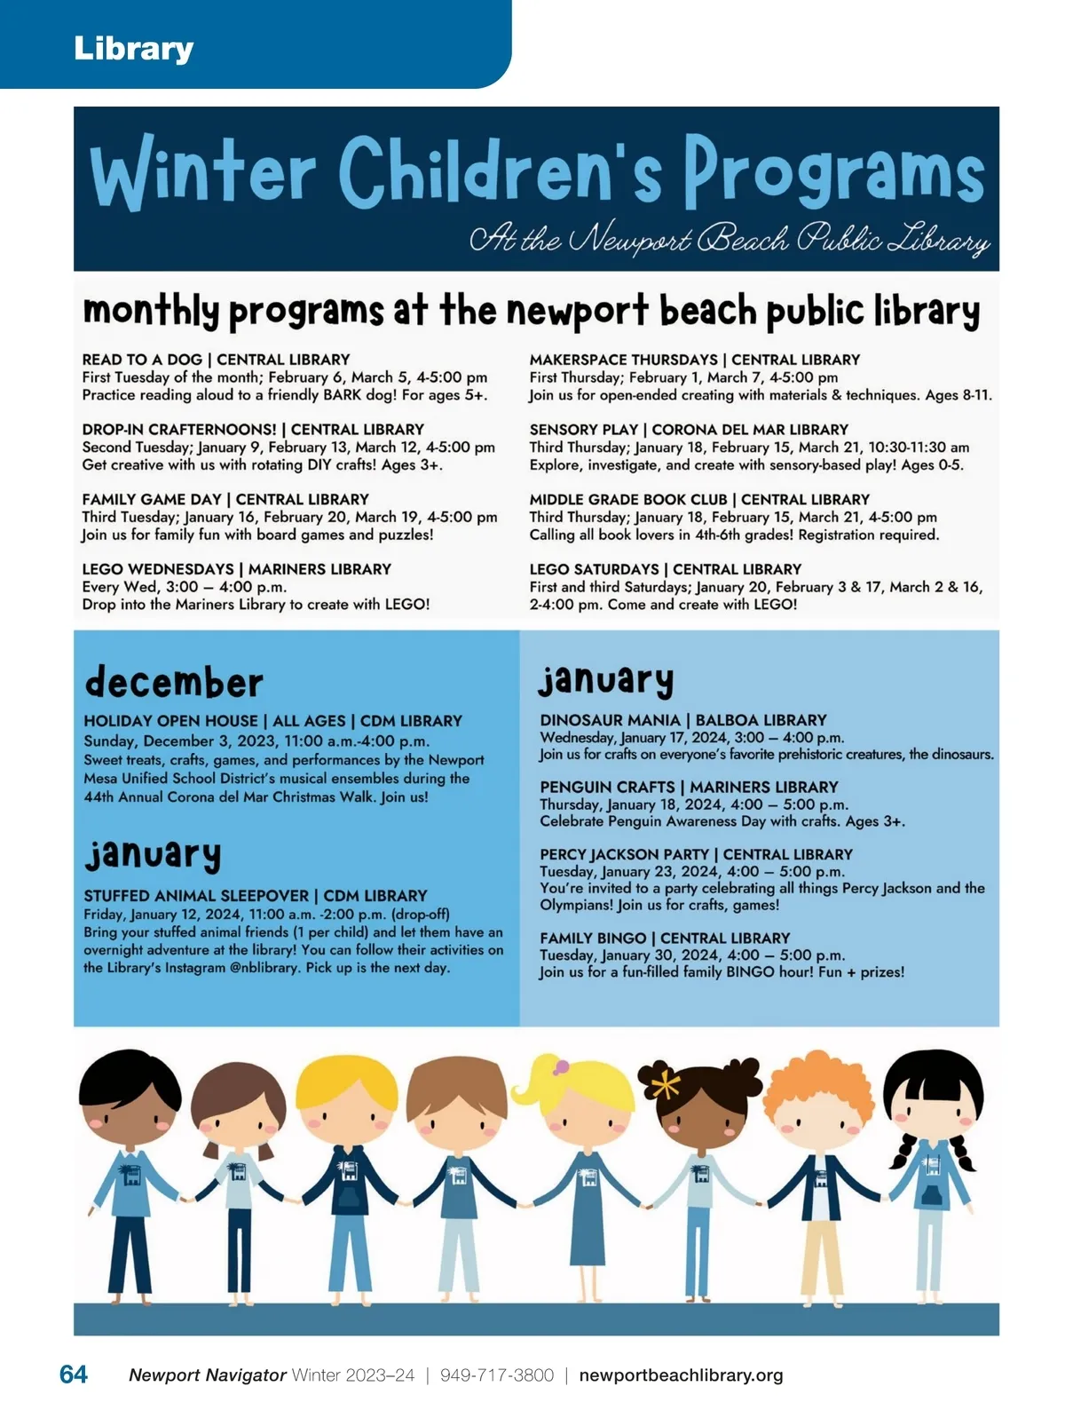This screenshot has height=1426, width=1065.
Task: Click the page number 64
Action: [74, 1375]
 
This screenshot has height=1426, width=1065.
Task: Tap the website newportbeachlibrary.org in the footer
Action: [681, 1375]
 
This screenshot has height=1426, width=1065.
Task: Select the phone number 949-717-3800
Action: [496, 1375]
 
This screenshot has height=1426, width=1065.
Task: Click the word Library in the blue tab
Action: [133, 48]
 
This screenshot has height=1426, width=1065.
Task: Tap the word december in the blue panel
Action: [174, 682]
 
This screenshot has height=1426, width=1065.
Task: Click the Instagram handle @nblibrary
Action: [264, 968]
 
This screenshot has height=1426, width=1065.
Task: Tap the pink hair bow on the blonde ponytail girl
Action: [561, 1066]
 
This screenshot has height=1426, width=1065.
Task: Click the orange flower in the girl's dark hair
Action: [665, 1084]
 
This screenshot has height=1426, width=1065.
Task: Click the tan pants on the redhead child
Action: [822, 1261]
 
